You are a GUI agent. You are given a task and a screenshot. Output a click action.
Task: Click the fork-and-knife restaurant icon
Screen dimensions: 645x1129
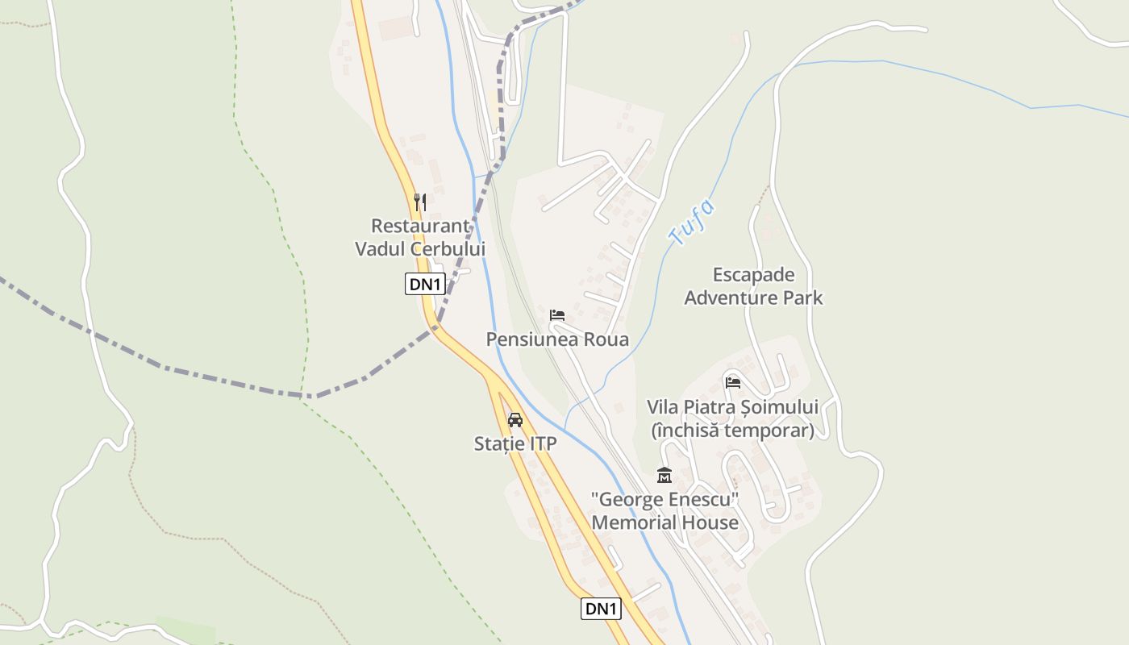(x=419, y=202)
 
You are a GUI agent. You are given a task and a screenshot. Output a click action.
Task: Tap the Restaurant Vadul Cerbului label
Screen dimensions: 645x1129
(x=420, y=237)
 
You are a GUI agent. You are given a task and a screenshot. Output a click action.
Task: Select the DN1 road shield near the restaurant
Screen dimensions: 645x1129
(x=425, y=284)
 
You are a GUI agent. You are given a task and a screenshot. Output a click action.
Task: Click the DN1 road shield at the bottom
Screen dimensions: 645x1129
(x=601, y=609)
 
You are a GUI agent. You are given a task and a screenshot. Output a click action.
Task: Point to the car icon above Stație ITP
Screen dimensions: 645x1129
(x=515, y=419)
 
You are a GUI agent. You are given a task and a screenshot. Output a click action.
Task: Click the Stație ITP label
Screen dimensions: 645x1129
(x=515, y=443)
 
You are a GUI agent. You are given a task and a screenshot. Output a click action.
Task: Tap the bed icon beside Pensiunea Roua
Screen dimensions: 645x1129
(x=556, y=315)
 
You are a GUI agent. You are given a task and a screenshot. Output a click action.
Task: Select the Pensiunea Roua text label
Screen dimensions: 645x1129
(x=557, y=339)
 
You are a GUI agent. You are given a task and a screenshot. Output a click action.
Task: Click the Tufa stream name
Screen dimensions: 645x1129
(x=691, y=223)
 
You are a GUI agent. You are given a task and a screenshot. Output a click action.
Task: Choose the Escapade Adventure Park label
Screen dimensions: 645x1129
(x=754, y=286)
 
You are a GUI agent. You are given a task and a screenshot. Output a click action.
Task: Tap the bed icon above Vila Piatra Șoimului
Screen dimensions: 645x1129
(x=732, y=382)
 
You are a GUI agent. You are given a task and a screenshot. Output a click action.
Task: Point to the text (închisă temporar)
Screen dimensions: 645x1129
(x=732, y=431)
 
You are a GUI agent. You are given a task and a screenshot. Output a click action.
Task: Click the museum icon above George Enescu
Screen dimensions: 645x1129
(x=664, y=476)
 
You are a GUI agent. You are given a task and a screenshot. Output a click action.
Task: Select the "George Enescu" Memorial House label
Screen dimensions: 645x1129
(x=665, y=511)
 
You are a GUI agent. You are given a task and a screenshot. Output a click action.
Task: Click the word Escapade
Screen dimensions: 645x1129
(x=754, y=275)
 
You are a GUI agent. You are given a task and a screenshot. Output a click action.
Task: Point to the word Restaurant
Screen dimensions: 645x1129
(x=420, y=226)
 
